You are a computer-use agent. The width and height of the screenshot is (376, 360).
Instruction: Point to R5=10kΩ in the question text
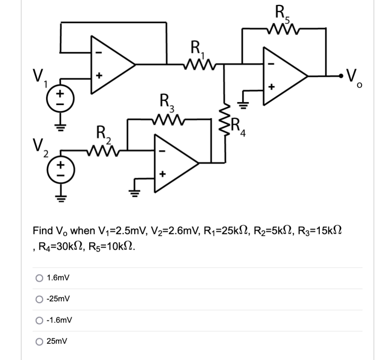pyautogui.click(x=114, y=247)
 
